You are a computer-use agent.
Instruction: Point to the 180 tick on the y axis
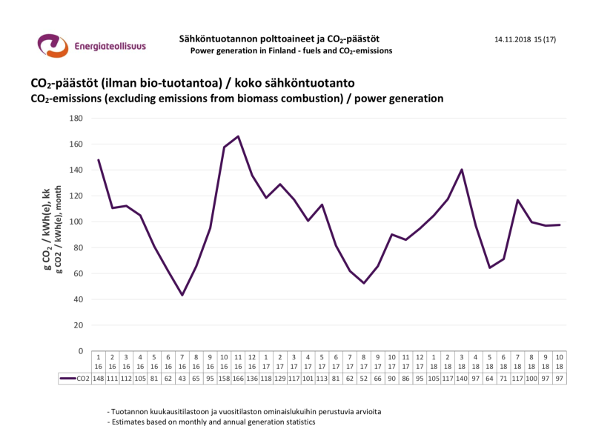(75, 118)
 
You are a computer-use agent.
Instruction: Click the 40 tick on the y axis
(77, 299)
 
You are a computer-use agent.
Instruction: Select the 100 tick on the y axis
(75, 222)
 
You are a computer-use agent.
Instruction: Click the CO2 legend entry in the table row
(74, 379)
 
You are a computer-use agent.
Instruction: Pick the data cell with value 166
(238, 379)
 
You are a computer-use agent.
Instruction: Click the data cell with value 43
(182, 379)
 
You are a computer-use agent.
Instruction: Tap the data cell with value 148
(99, 379)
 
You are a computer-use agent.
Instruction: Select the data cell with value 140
(461, 379)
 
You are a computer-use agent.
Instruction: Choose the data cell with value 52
(363, 379)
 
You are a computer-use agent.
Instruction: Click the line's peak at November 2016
(238, 136)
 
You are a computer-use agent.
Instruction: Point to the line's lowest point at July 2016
(182, 295)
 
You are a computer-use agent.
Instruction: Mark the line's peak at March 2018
(462, 170)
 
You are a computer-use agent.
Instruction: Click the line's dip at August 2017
(364, 283)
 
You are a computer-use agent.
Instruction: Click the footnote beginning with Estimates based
(211, 421)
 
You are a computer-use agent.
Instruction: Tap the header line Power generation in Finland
(291, 51)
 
